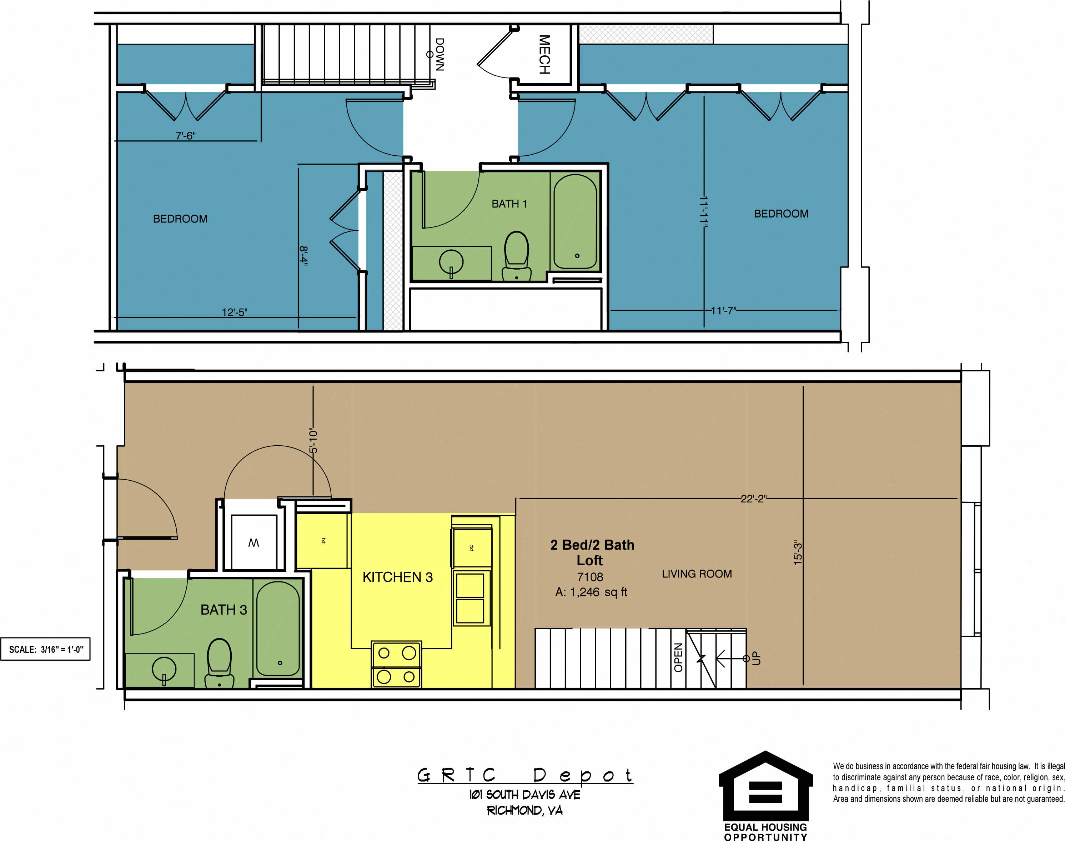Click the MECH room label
point(544,54)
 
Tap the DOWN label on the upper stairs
point(439,54)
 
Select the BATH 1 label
point(509,204)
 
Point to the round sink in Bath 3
point(164,669)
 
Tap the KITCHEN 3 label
point(397,577)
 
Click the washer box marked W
point(253,542)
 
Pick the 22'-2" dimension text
point(753,499)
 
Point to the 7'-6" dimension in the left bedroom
point(186,135)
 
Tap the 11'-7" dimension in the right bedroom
point(723,310)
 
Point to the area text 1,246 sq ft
point(591,592)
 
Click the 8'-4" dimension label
point(304,256)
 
